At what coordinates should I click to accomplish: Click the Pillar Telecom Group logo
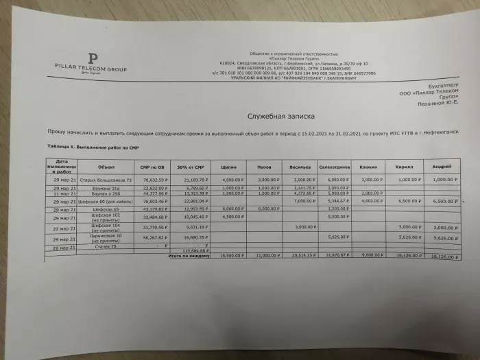[x=91, y=62]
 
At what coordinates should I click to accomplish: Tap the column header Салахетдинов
[x=336, y=167]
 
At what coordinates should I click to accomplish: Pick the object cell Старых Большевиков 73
[x=106, y=179]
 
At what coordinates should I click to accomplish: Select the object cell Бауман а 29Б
[x=105, y=194]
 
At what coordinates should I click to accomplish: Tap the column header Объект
[x=106, y=167]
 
